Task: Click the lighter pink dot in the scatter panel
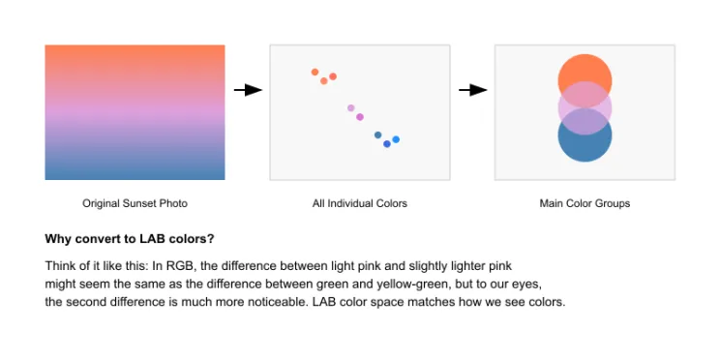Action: click(351, 108)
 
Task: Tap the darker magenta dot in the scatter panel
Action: click(360, 117)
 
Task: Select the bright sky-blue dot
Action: click(396, 139)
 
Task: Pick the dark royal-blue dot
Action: click(387, 144)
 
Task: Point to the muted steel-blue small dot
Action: click(378, 135)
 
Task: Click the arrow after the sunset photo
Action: click(248, 90)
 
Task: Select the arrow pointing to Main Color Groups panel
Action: click(473, 90)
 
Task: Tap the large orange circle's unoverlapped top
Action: click(585, 67)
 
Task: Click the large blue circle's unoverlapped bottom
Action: click(585, 149)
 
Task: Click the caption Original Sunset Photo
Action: click(135, 203)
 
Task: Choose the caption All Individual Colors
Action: click(360, 203)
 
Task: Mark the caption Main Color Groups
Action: click(585, 203)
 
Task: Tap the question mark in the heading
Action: click(211, 239)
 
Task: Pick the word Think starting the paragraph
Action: click(58, 266)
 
